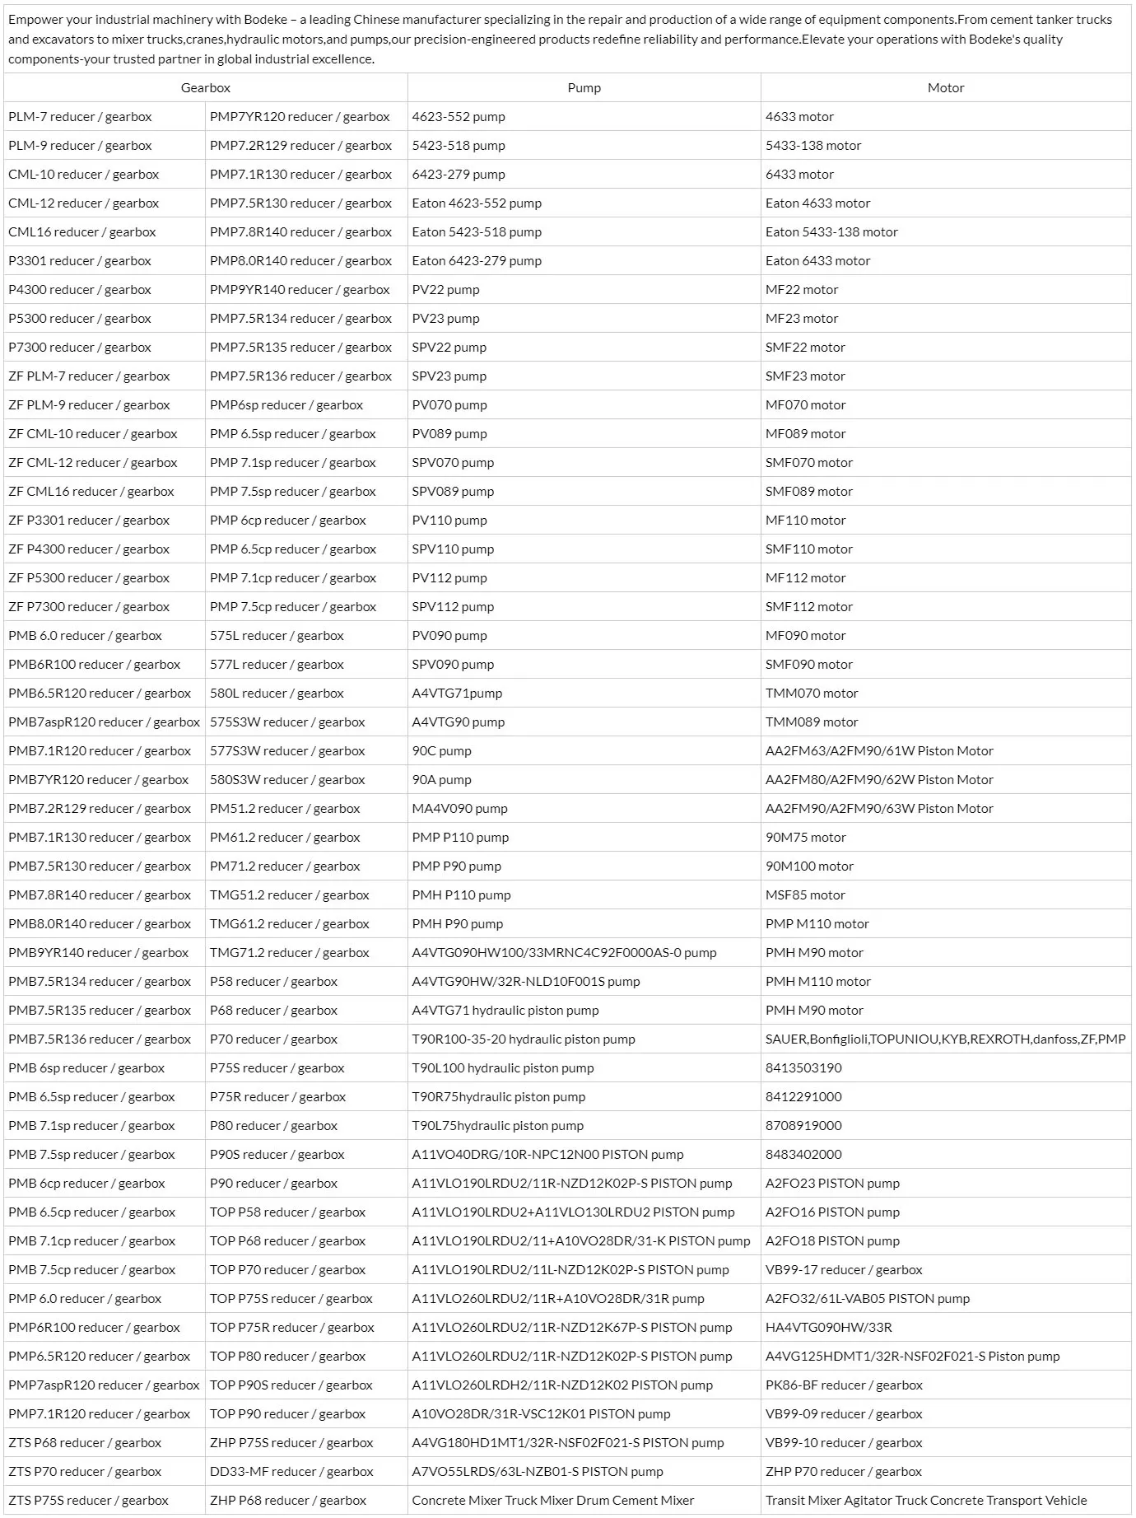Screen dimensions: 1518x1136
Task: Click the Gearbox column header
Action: [206, 88]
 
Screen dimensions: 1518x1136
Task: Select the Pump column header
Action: [584, 88]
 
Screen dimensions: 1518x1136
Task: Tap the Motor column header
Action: [945, 88]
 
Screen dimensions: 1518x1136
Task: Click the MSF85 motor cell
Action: [805, 895]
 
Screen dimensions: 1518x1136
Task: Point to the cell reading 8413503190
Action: [803, 1068]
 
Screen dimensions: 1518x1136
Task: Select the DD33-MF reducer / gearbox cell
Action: [291, 1472]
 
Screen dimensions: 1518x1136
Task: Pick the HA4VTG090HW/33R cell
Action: [828, 1328]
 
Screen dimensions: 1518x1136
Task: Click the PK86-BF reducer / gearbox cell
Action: [844, 1385]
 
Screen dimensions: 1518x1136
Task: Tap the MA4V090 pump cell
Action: [459, 809]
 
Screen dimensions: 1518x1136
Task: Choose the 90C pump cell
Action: [441, 751]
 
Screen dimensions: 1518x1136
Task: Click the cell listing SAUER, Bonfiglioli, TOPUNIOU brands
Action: [945, 1039]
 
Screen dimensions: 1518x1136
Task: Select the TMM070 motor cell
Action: [812, 694]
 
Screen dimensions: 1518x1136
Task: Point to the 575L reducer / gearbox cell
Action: [277, 636]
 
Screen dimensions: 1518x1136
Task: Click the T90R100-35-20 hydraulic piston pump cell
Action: [524, 1039]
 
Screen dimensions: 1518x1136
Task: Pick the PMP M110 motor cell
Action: [817, 924]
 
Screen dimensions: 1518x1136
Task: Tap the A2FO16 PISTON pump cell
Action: [832, 1212]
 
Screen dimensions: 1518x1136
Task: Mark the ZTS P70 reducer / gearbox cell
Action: [85, 1472]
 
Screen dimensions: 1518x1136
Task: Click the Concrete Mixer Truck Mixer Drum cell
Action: [552, 1501]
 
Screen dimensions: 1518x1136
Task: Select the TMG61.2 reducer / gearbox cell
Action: [289, 924]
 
